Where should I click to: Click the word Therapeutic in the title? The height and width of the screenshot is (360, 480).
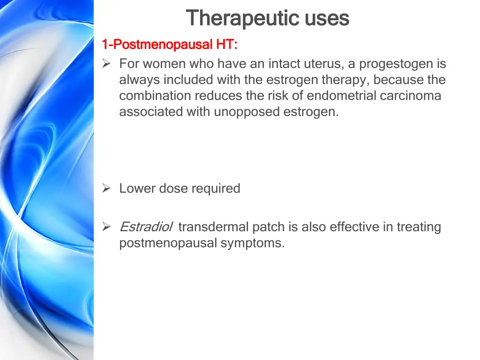pos(243,19)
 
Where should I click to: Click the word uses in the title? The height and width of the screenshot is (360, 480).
pos(327,19)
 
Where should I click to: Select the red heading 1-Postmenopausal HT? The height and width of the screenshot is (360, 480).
pos(170,45)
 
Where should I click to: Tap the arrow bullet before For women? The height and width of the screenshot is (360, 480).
pos(106,64)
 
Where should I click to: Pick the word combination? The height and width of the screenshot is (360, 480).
pos(155,96)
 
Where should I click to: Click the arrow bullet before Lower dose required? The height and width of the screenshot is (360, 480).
pos(106,188)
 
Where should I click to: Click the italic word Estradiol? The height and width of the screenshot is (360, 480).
pos(146,227)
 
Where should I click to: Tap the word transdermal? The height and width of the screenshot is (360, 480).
pos(213,227)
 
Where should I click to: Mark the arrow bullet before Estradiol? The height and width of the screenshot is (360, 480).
pos(106,227)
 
